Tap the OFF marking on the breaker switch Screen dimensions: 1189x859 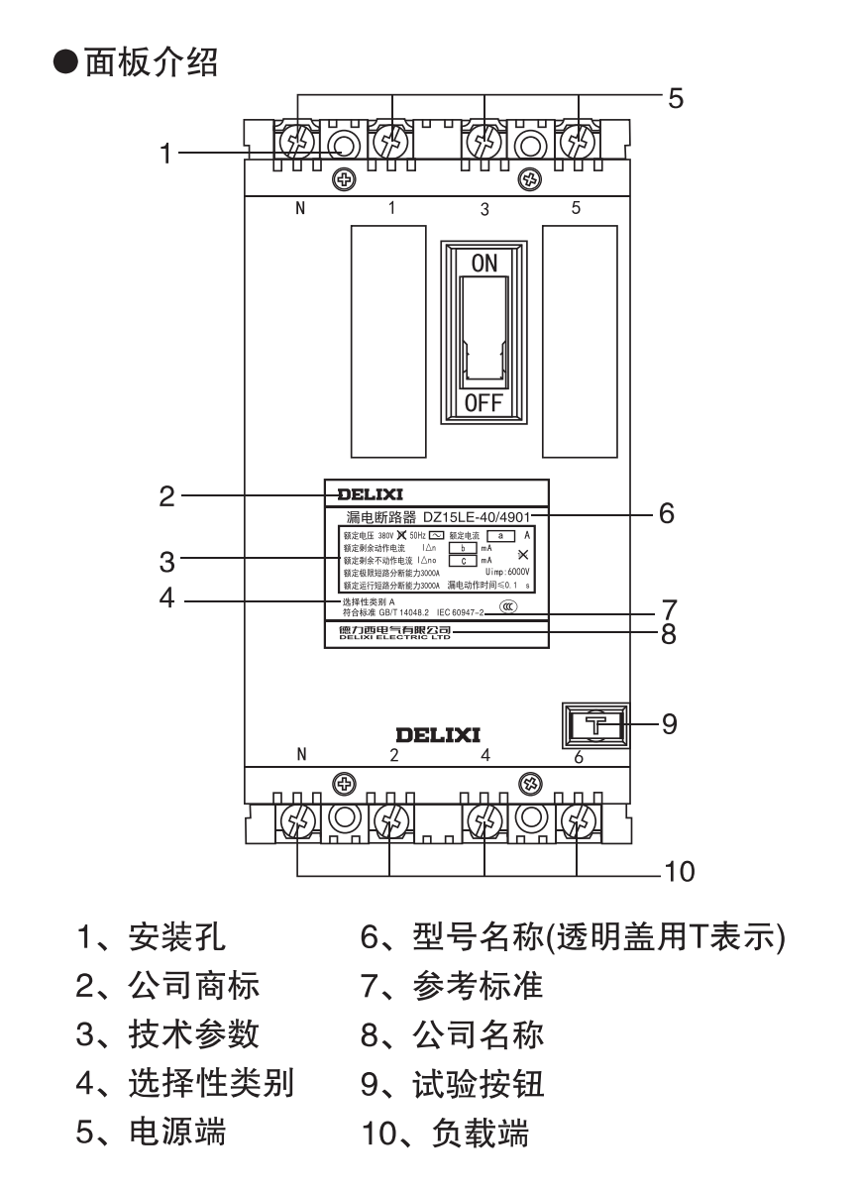tap(484, 403)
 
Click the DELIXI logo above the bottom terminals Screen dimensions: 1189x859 tap(438, 735)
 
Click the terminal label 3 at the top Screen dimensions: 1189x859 tap(484, 210)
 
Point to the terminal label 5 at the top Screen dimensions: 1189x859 tap(577, 208)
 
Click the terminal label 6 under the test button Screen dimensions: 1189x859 tap(578, 758)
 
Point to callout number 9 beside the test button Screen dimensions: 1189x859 tap(670, 724)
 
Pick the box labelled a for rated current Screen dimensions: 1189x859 tap(499, 535)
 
